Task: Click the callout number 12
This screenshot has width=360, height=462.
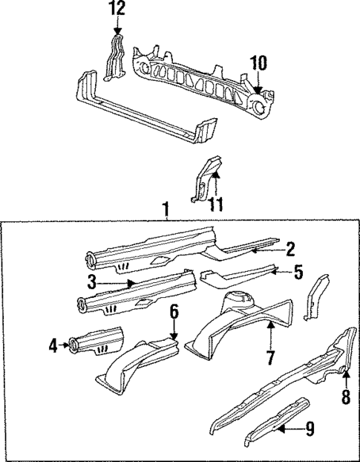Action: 117,9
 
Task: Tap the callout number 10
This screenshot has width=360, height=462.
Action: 258,64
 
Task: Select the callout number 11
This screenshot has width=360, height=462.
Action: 216,203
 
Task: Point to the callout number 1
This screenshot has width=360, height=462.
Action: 166,211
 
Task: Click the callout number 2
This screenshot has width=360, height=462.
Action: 291,249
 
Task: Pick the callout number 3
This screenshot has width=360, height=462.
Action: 92,282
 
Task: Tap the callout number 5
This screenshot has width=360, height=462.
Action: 298,272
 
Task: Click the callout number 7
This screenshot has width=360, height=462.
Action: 270,358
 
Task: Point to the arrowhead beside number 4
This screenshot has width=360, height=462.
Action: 64,344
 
